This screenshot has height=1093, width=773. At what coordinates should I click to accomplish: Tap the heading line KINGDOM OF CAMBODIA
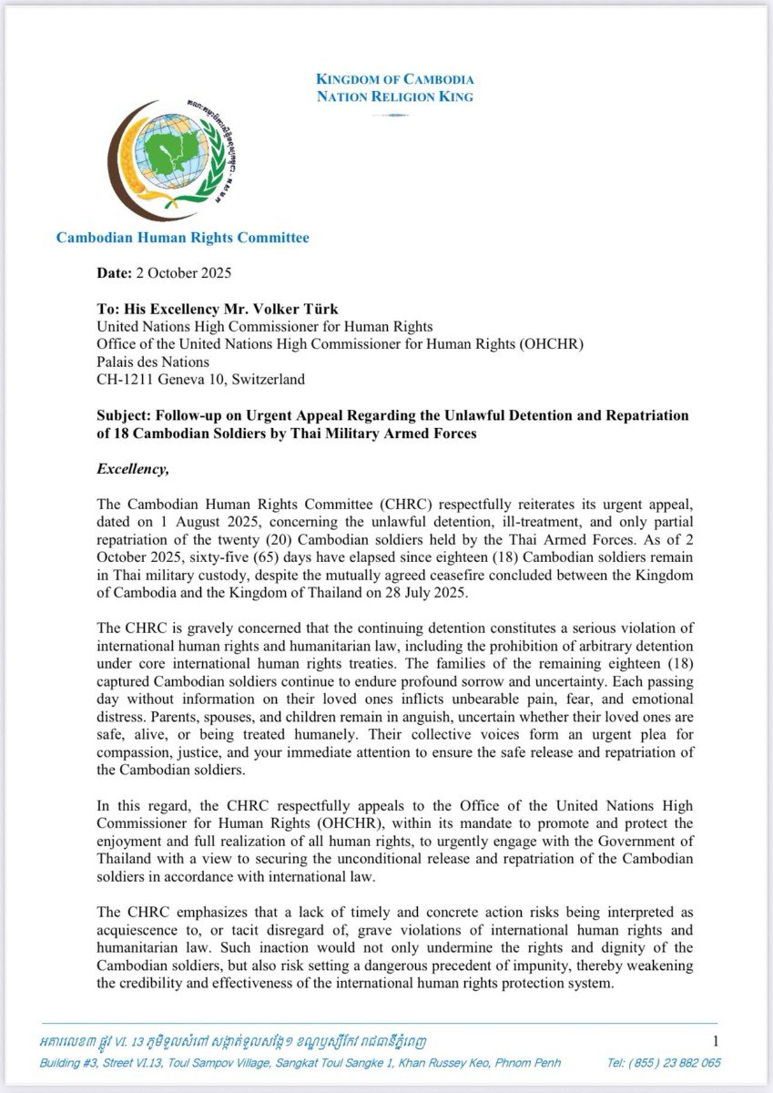(395, 79)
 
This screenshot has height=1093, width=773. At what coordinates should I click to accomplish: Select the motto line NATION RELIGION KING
(395, 97)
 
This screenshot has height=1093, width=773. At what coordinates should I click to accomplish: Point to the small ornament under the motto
(395, 115)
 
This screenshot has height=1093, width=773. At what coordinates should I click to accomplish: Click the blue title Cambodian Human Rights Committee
(182, 238)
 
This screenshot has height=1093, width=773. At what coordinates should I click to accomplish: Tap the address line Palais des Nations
(153, 362)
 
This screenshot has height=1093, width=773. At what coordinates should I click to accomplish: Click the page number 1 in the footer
(716, 1041)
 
